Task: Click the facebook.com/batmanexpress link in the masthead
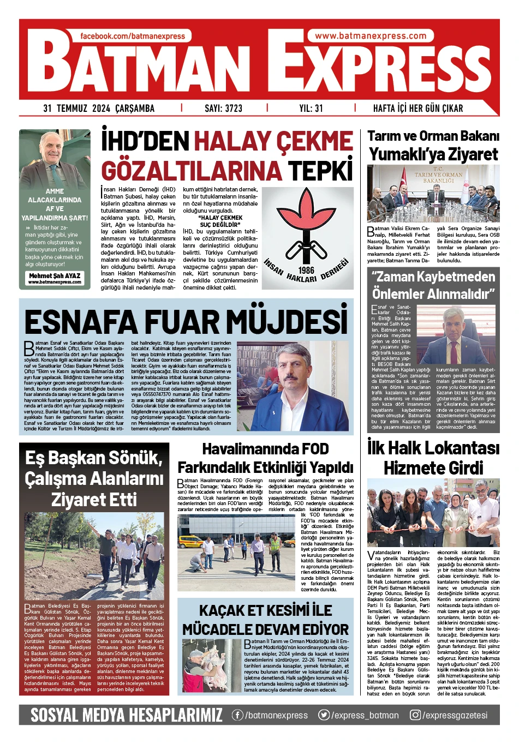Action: [133, 36]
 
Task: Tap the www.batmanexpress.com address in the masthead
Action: [371, 36]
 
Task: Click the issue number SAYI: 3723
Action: [223, 108]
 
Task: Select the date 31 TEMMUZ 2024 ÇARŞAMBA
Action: [99, 108]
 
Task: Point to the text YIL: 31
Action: [311, 108]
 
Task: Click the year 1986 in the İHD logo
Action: [307, 269]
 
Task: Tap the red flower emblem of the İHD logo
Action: [306, 218]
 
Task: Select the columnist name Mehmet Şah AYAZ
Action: [55, 276]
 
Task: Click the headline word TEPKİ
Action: [320, 170]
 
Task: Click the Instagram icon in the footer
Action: [415, 715]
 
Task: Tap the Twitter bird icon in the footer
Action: [324, 715]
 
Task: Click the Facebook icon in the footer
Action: [237, 715]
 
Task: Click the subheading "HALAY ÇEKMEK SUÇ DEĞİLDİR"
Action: [220, 221]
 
